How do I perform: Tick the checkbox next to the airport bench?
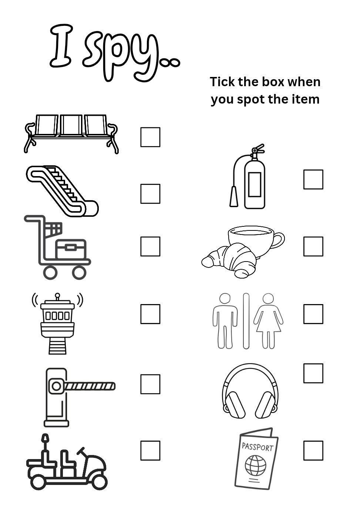(x=150, y=137)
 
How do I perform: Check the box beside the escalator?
(x=150, y=193)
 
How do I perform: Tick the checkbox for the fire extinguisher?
(x=313, y=179)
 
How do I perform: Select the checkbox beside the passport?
(x=313, y=451)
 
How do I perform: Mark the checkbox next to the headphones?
(x=313, y=373)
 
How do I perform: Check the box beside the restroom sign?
(x=313, y=314)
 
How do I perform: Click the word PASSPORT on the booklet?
(x=257, y=447)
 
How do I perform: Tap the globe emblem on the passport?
(x=255, y=465)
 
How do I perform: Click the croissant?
(x=229, y=261)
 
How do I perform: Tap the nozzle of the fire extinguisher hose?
(x=233, y=196)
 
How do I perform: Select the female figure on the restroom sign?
(x=268, y=321)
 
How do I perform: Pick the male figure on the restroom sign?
(x=225, y=321)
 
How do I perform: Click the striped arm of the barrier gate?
(x=90, y=386)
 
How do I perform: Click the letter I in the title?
(x=61, y=45)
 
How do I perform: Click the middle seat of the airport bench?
(x=71, y=125)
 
